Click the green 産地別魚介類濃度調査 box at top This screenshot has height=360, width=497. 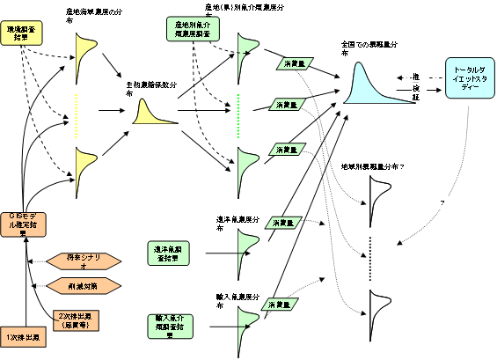(x=189, y=29)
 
